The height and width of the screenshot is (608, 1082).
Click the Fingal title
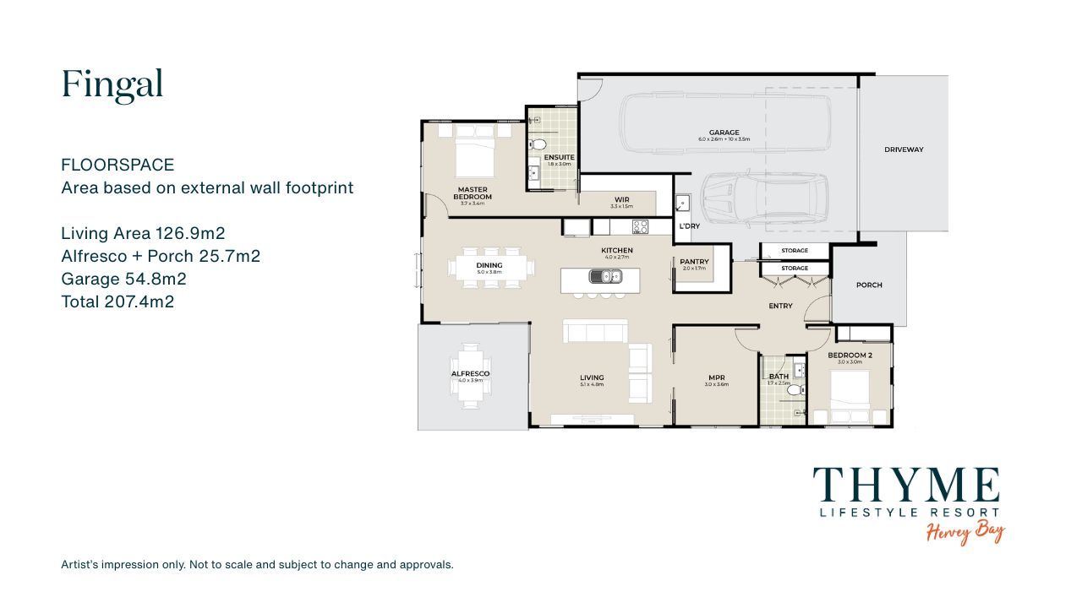112,84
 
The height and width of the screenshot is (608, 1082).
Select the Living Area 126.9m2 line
143,233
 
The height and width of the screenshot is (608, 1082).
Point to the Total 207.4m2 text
117,301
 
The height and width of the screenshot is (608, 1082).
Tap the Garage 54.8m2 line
123,279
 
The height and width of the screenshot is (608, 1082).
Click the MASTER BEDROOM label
474,193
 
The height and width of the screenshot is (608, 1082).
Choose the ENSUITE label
559,157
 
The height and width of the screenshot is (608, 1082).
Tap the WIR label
621,200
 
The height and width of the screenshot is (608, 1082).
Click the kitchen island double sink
605,276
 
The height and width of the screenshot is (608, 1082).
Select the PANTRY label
694,262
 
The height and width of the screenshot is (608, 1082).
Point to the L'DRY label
688,226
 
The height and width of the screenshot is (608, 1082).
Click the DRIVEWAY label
904,149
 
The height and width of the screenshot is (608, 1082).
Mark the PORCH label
868,285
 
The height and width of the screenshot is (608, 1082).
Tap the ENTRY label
779,306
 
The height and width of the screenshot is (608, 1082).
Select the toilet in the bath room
794,390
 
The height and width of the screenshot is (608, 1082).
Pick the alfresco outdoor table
470,375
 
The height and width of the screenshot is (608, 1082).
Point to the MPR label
716,377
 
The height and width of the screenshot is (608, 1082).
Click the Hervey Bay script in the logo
965,533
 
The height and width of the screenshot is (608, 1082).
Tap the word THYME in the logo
906,486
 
